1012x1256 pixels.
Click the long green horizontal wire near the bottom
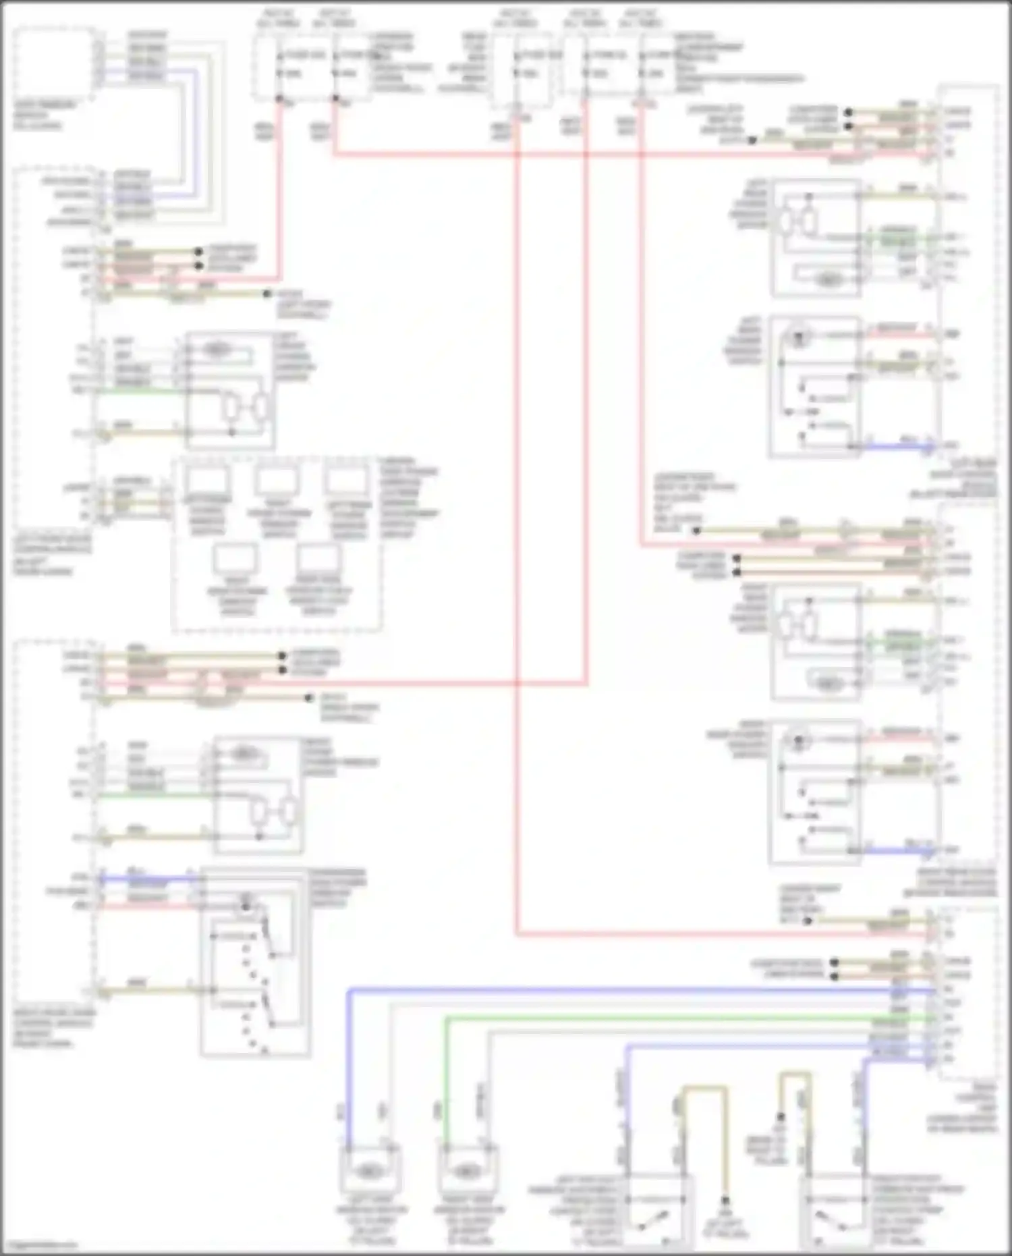[675, 1017]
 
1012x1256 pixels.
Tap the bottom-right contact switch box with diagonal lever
[833, 1211]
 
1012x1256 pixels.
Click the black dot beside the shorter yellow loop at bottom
[780, 1117]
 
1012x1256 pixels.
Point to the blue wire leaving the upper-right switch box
[897, 445]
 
